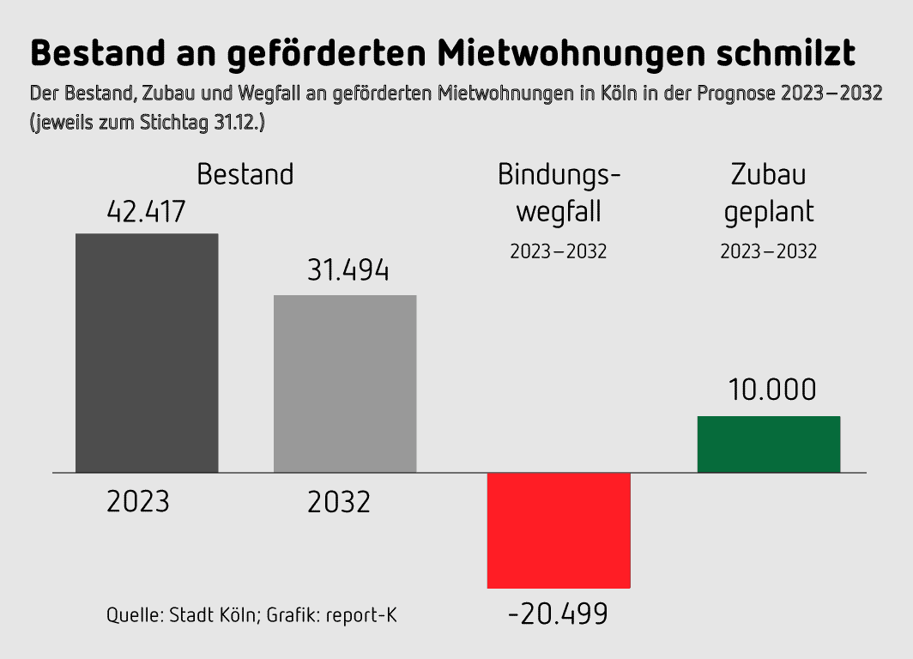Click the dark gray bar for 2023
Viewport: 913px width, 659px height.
147,353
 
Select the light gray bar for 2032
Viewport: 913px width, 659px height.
345,384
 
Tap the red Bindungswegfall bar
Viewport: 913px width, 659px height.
559,530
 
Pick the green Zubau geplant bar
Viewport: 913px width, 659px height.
768,444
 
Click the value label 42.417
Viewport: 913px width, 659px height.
146,211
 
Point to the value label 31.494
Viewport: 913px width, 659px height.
348,271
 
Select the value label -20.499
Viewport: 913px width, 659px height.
558,614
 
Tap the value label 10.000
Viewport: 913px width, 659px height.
772,390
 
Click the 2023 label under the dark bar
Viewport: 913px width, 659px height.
138,501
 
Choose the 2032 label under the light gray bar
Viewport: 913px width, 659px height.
339,501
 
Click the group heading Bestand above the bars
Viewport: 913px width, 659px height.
245,174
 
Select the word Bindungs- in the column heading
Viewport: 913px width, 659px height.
559,174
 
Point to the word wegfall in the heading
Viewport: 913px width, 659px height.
559,211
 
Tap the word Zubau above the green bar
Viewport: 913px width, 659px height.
769,174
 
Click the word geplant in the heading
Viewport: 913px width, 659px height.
769,212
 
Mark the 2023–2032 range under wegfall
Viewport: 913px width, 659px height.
559,252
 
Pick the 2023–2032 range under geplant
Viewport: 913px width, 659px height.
769,252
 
